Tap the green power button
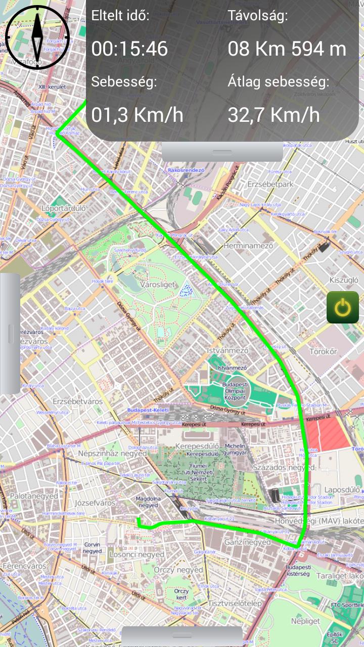(343, 307)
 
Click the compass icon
(37, 37)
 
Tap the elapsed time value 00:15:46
(129, 49)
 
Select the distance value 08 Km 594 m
(287, 49)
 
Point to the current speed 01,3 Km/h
(137, 115)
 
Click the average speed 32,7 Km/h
(274, 115)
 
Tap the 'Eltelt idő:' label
(120, 16)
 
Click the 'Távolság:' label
(258, 16)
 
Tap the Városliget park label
(157, 285)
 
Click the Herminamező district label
(248, 246)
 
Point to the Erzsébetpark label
(270, 184)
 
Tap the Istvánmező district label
(228, 350)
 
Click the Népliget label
(305, 621)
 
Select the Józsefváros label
(95, 503)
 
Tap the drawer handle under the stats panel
(222, 152)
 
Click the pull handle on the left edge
(10, 334)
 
